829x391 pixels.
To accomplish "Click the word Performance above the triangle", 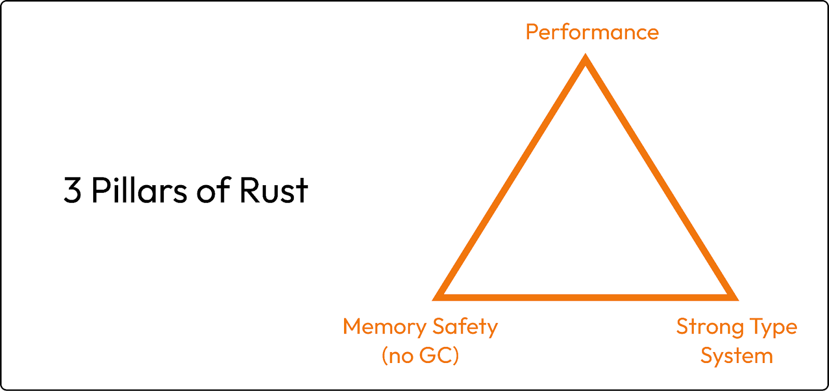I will pyautogui.click(x=592, y=32).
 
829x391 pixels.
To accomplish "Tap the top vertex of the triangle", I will pyautogui.click(x=585, y=58).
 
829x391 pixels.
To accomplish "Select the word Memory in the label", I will pyautogui.click(x=384, y=327).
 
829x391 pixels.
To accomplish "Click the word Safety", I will pyautogui.click(x=465, y=327).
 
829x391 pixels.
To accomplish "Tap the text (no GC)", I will pyautogui.click(x=420, y=356).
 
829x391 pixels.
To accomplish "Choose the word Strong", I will pyautogui.click(x=710, y=327).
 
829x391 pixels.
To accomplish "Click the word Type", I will pyautogui.click(x=774, y=327).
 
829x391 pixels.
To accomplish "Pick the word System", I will pyautogui.click(x=736, y=356).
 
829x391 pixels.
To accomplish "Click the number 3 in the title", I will pyautogui.click(x=73, y=190).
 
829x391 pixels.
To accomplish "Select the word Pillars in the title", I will pyautogui.click(x=139, y=190).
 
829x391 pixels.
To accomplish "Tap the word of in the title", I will pyautogui.click(x=213, y=190).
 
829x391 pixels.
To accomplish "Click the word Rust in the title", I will pyautogui.click(x=274, y=190).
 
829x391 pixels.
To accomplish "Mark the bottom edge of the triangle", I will pyautogui.click(x=585, y=297).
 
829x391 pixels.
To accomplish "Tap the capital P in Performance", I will pyautogui.click(x=532, y=32).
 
